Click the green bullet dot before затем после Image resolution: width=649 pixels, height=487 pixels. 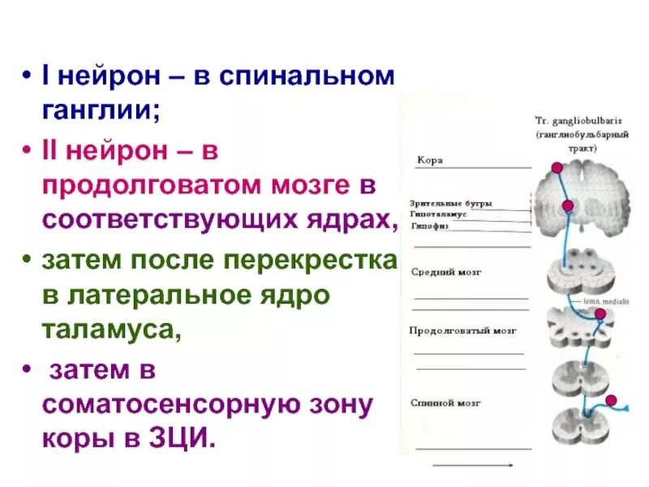point(27,262)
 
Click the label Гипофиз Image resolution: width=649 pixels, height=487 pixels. point(429,226)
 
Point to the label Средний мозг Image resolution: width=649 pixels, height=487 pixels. point(446,272)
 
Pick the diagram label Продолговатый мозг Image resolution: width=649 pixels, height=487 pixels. point(462,331)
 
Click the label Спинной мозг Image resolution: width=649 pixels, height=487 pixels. point(446,402)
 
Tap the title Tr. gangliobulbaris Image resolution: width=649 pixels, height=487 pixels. point(566,119)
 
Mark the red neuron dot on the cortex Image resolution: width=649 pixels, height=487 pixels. point(556,167)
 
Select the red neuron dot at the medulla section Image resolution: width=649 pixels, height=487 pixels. point(600,313)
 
